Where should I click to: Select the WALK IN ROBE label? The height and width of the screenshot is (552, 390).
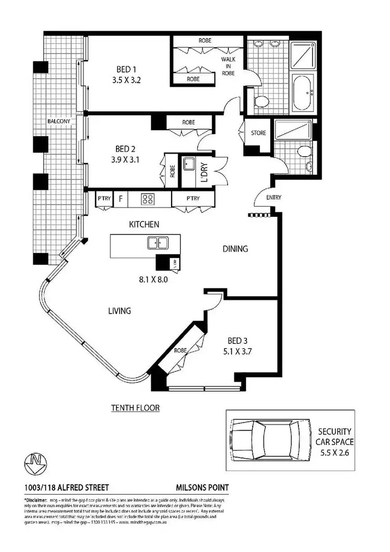tap(228, 66)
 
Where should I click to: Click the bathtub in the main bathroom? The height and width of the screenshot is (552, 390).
tap(304, 94)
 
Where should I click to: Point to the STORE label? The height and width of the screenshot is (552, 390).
tap(258, 133)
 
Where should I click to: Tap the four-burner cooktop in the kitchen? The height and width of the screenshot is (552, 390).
tap(148, 198)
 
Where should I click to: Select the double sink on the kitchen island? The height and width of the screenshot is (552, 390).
tap(157, 242)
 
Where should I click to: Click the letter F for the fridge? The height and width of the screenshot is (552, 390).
tap(121, 198)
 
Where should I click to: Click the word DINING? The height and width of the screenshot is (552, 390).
tap(235, 249)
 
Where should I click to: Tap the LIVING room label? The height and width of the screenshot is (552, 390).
tap(119, 311)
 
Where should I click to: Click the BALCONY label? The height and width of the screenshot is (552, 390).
tap(58, 121)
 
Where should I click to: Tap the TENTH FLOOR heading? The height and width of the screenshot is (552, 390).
tap(135, 408)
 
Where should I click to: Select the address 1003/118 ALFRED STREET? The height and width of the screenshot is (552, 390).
tap(67, 487)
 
